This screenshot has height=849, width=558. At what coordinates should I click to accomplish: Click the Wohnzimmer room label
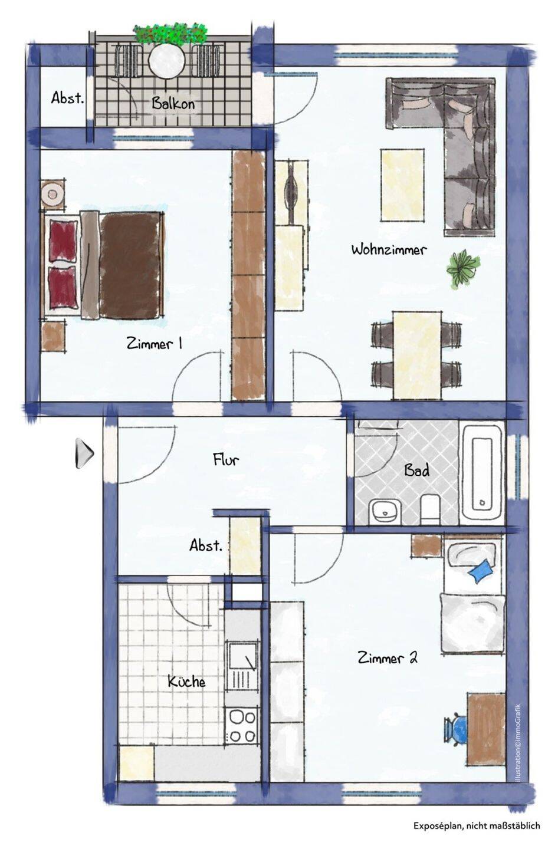tap(389, 250)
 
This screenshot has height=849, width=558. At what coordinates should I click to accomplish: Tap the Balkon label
tap(173, 103)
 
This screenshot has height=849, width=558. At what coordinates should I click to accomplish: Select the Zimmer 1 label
tap(155, 344)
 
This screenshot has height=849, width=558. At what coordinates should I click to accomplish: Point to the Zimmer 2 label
tap(388, 657)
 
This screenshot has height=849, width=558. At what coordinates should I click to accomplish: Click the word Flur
tap(226, 460)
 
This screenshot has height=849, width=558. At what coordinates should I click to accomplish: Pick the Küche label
tap(186, 681)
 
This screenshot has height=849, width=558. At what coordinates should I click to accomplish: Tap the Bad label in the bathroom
tap(417, 470)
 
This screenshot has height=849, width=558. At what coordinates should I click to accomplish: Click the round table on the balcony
tap(167, 60)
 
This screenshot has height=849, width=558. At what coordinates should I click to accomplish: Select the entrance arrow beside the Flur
tap(84, 453)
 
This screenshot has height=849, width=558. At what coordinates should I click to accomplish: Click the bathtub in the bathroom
tap(482, 473)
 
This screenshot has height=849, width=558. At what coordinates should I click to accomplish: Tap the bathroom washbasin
tap(385, 512)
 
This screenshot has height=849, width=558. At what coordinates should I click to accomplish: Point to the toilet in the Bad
tap(430, 509)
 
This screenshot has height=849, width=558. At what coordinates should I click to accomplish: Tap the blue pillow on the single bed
tap(481, 571)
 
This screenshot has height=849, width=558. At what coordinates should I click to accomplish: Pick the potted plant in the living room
tap(463, 268)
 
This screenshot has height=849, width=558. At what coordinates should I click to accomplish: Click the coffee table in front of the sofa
tap(402, 185)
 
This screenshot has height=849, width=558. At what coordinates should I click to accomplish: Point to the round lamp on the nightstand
tap(52, 195)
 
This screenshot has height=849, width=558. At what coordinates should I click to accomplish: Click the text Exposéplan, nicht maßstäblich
tap(477, 825)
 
